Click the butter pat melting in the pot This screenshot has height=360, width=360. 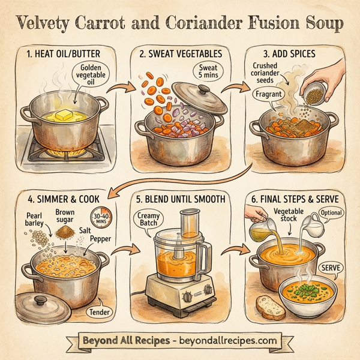coord(65,115)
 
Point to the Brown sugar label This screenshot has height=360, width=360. coord(65,217)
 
